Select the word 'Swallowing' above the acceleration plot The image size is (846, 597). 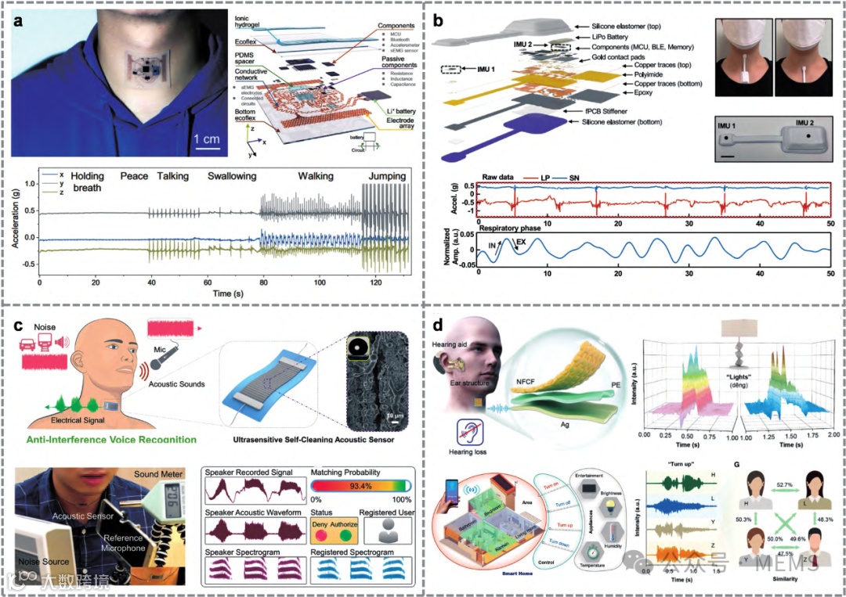coord(232,177)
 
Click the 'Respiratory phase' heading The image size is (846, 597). coord(513,228)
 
